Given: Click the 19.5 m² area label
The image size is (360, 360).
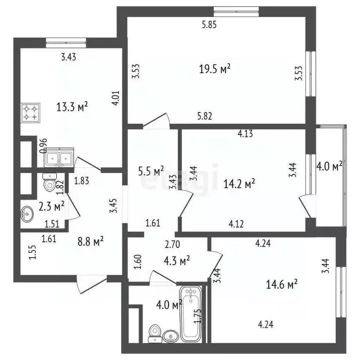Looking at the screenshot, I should [214, 69].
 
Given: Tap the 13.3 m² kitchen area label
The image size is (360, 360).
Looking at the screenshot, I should [73, 107].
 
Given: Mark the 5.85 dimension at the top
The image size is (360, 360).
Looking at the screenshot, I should [209, 25].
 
